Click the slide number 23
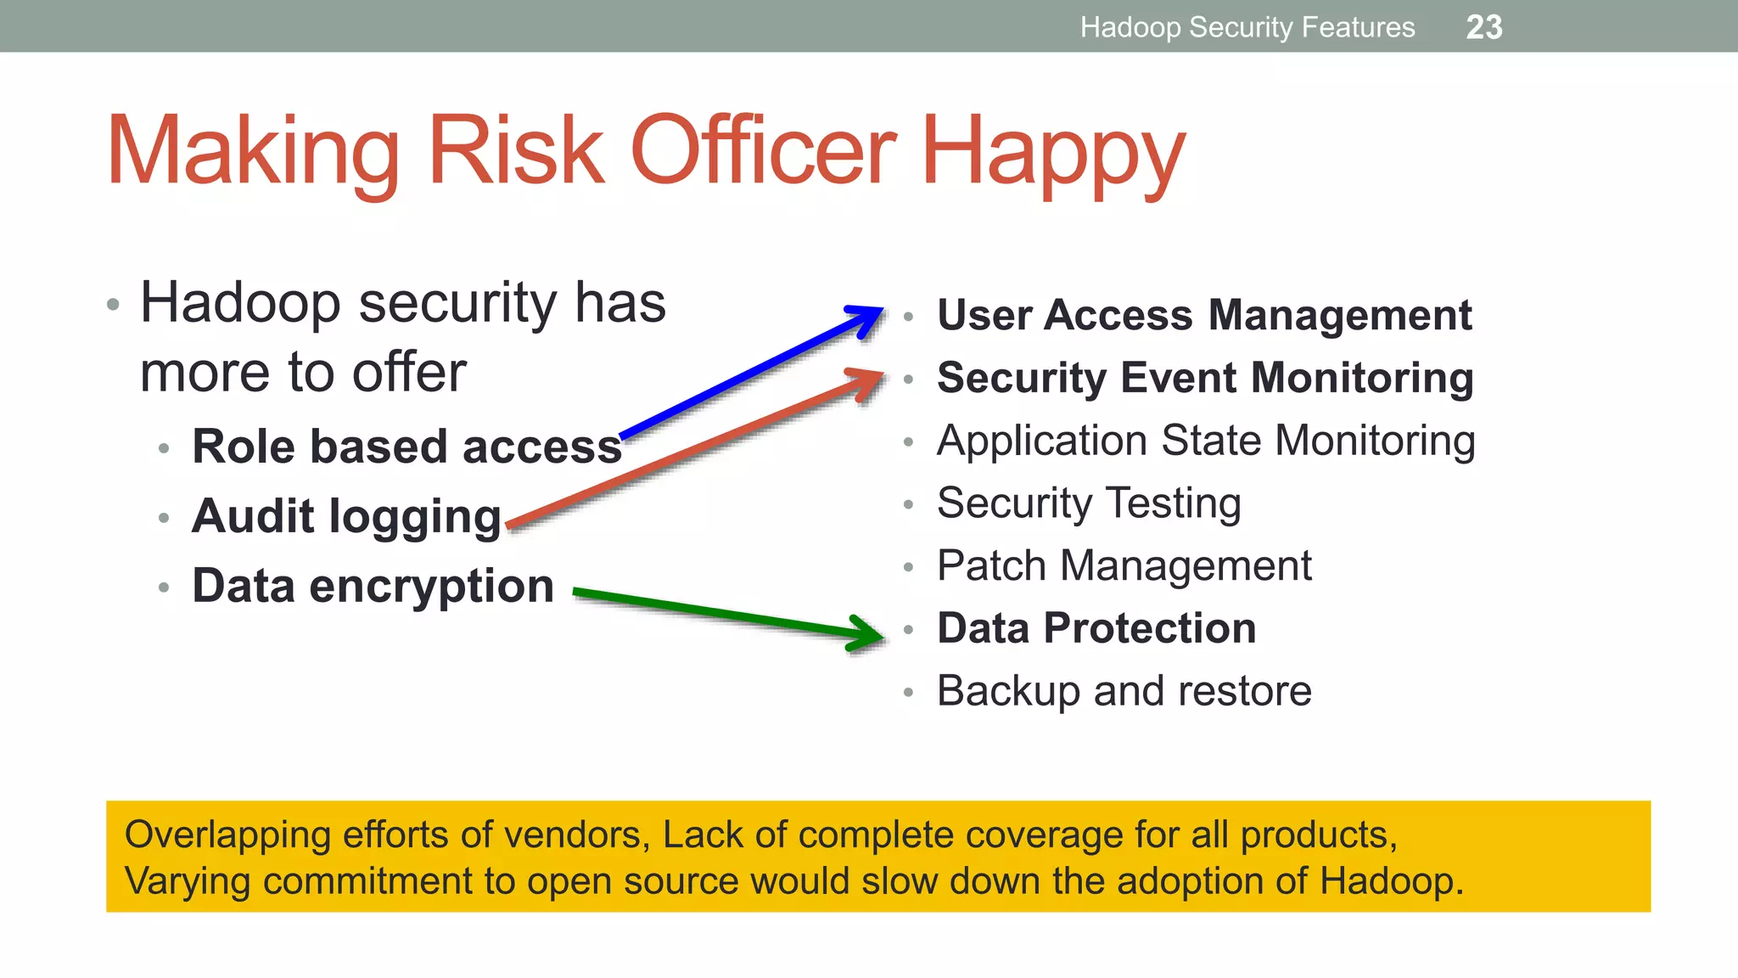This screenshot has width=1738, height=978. click(1483, 27)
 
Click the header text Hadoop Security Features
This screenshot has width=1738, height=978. click(1247, 27)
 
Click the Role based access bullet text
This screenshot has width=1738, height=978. click(406, 447)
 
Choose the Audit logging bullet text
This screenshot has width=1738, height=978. click(346, 516)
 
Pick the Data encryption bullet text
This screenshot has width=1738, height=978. click(373, 586)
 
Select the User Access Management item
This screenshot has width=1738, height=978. click(1203, 315)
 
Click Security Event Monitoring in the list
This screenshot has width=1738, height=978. click(1205, 378)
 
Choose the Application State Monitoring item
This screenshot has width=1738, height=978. click(1205, 441)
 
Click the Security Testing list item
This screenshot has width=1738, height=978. click(1089, 503)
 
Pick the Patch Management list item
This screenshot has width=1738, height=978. click(1124, 565)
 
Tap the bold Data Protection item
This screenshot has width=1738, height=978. click(1096, 628)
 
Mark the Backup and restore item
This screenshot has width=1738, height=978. click(1124, 690)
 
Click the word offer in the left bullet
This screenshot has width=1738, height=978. click(409, 372)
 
